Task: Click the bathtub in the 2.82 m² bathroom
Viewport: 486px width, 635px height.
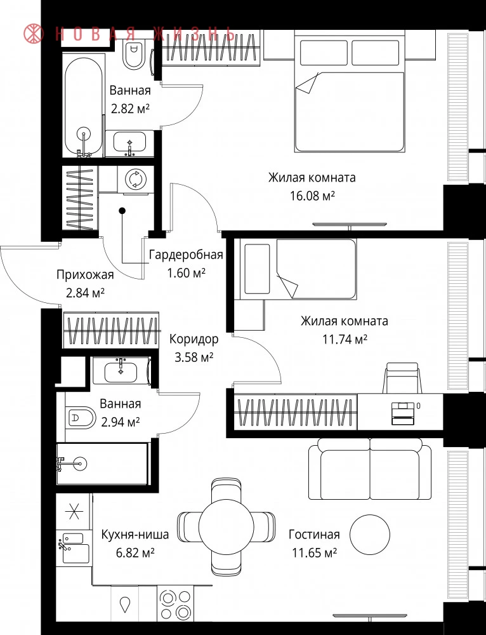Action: point(82,107)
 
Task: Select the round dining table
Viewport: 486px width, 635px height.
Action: point(227,525)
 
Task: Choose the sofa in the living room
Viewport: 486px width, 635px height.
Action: point(370,470)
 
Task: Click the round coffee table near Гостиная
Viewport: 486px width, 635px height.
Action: point(370,535)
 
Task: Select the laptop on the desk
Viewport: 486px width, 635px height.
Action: point(401,413)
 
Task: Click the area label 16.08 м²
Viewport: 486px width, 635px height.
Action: point(312,196)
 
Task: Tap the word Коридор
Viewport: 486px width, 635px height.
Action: point(194,339)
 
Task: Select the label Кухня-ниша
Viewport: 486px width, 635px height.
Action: point(135,535)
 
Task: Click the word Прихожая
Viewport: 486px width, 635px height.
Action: point(85,275)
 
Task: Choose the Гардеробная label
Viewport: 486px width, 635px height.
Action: point(186,255)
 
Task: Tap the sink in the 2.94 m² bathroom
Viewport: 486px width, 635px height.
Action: point(121,371)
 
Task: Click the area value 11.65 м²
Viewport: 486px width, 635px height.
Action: point(315,553)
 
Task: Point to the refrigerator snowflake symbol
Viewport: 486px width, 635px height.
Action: point(74,512)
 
